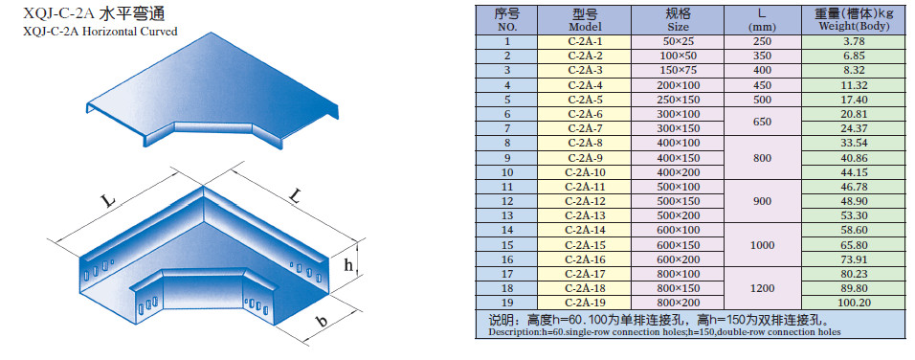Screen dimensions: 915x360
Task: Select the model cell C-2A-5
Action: [585, 100]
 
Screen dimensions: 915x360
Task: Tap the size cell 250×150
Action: [678, 100]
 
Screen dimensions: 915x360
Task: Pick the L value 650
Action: [762, 122]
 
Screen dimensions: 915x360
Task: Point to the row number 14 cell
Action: [506, 231]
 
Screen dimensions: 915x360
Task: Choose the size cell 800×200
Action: [678, 303]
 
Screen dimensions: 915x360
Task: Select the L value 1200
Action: [762, 288]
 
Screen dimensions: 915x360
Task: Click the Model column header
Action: [585, 20]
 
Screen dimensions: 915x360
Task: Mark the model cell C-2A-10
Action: [585, 172]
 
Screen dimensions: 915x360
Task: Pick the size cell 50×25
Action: [678, 41]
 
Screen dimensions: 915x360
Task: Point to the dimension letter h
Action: [348, 265]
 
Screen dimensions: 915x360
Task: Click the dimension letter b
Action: [320, 321]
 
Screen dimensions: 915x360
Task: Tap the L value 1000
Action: [762, 245]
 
